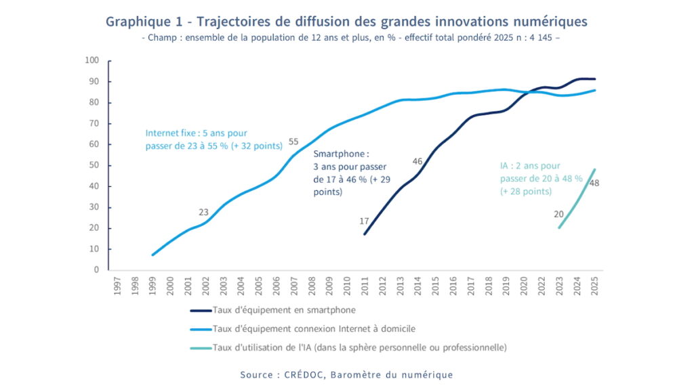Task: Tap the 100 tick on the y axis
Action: click(92, 61)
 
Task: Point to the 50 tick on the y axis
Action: click(94, 165)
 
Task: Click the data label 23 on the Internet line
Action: click(203, 212)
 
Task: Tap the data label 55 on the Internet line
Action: click(293, 142)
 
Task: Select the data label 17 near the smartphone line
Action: click(364, 221)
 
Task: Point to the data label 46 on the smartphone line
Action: click(417, 161)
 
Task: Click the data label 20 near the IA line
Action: click(559, 215)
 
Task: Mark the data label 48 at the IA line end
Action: click(594, 183)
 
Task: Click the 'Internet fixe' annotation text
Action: click(169, 133)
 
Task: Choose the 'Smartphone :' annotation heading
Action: click(337, 154)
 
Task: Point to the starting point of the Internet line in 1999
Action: click(152, 255)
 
